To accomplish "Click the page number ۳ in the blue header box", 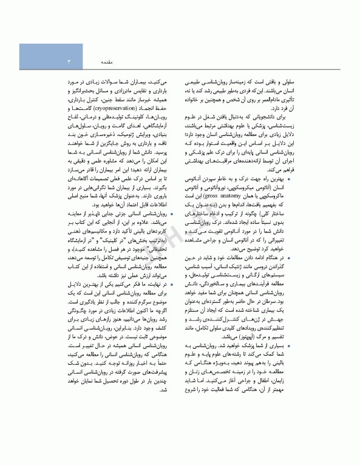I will [69, 62].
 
